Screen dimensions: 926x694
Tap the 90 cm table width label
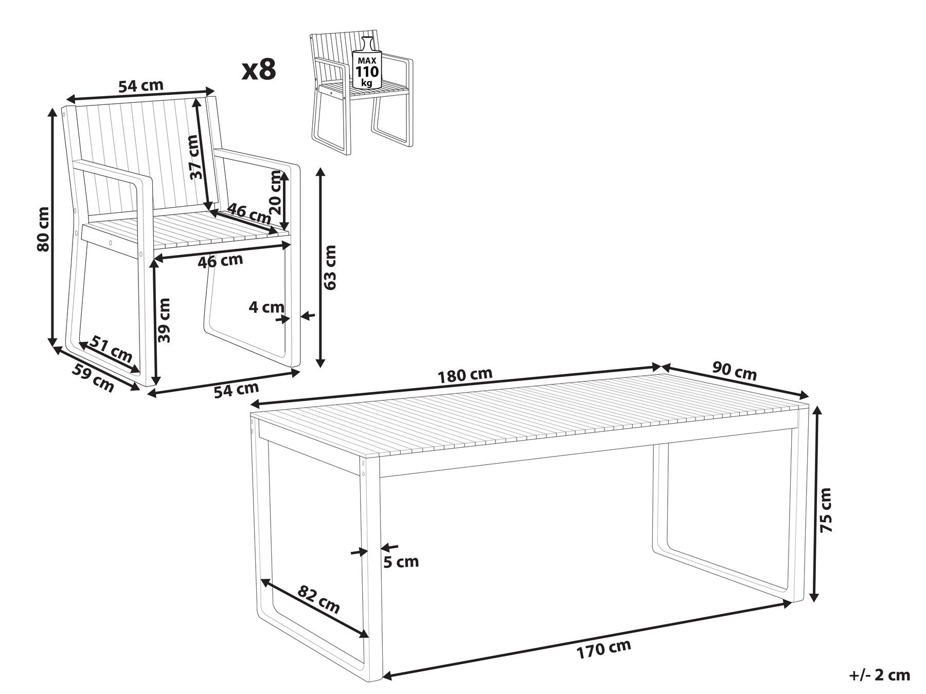[x=734, y=371]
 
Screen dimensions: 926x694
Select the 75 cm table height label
[x=825, y=509]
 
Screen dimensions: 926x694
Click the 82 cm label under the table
[x=319, y=599]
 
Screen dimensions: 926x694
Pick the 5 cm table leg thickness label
[x=401, y=562]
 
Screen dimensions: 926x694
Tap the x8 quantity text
[x=259, y=69]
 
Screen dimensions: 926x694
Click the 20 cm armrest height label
[x=276, y=192]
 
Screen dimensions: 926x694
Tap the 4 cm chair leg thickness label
[x=266, y=307]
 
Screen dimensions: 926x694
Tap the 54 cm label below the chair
[x=236, y=390]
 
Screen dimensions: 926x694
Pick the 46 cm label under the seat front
[x=220, y=261]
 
